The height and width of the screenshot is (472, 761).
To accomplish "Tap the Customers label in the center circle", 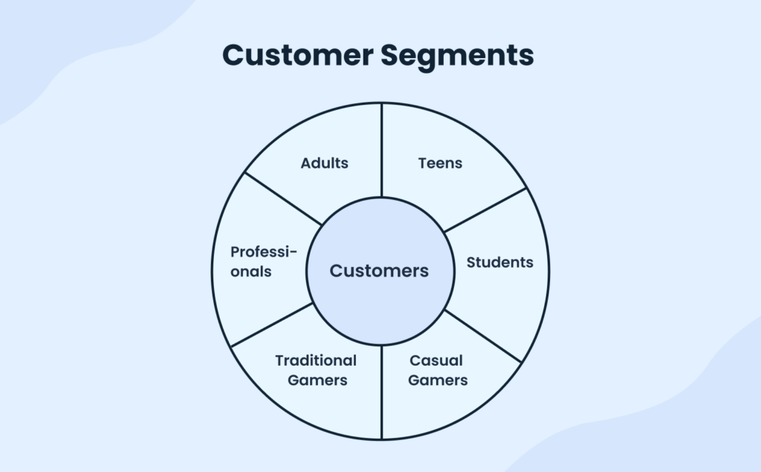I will click(379, 271).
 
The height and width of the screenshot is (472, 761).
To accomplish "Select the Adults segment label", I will click(324, 163).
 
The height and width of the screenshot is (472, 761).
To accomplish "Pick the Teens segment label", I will click(440, 163).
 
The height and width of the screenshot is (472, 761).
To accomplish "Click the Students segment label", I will click(499, 262).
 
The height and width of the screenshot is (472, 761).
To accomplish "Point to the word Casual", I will click(436, 361).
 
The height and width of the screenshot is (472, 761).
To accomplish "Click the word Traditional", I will click(316, 361).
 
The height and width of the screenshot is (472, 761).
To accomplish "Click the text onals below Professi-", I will click(251, 271).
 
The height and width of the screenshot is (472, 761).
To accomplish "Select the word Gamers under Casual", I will click(438, 381).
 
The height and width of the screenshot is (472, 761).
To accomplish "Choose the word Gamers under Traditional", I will click(316, 381).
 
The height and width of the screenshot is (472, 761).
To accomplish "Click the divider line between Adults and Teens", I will click(381, 149).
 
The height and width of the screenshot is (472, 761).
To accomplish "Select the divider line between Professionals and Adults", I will click(283, 198).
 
